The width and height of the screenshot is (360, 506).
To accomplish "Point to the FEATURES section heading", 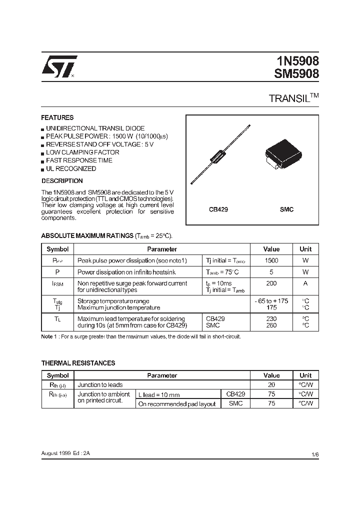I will point(57,118).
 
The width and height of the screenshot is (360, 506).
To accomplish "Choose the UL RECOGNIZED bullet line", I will point(70,168).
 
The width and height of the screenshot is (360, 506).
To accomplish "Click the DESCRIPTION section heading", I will point(62,181).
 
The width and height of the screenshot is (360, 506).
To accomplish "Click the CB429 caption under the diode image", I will point(218,210).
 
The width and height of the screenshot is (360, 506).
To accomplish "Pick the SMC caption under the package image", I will point(286,210).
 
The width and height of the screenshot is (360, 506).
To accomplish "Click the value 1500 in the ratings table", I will point(271,260).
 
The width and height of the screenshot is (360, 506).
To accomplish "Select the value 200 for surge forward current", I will point(271,283).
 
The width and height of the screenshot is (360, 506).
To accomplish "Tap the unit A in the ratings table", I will point(305,283).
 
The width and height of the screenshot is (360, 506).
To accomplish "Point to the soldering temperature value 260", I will point(271,325).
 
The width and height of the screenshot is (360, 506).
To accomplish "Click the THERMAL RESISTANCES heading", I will point(78,363).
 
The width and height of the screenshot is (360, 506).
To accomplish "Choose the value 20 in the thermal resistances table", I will point(271,385).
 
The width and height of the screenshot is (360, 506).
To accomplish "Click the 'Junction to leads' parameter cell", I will point(100,385).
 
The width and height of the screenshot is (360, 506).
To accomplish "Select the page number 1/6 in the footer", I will point(314,453).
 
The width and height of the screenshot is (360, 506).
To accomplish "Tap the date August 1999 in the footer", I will point(56,453).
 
